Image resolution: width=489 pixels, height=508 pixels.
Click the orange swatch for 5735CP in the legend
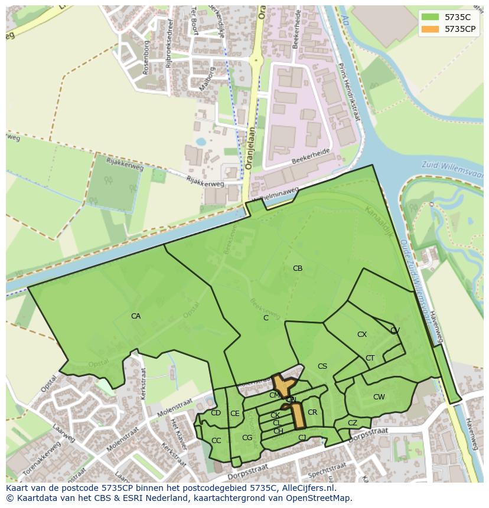coord(431,29)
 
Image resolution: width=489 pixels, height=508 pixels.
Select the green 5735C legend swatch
coord(431,17)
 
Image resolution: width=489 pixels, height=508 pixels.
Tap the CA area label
coord(136,316)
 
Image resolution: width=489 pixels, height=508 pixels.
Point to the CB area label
coord(298,268)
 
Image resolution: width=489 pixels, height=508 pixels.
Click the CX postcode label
coord(362,335)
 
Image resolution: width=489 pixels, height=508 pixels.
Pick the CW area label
coord(379,397)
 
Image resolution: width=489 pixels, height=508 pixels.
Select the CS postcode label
coord(322,366)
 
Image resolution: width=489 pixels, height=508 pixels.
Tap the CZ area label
coord(353,423)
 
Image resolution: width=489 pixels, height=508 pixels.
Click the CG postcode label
coord(247,437)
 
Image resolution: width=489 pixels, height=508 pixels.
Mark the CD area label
coord(216,413)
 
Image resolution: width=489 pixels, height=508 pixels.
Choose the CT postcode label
coord(370,358)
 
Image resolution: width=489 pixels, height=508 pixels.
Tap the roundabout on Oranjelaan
coord(256,60)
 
